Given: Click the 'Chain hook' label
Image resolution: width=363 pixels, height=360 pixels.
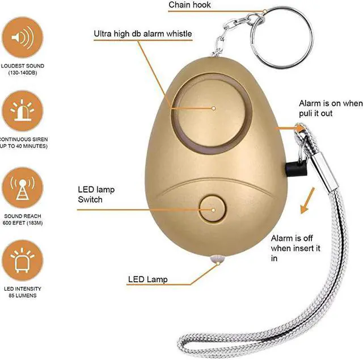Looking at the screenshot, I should (x=189, y=6).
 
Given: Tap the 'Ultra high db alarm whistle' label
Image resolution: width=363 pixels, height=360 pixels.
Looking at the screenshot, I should (x=142, y=34).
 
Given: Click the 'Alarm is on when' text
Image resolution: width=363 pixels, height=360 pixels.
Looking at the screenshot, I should (x=330, y=103).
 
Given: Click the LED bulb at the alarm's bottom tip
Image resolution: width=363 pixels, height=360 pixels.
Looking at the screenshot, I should (x=216, y=259).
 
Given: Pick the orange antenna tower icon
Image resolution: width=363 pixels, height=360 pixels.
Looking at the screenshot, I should (x=23, y=189).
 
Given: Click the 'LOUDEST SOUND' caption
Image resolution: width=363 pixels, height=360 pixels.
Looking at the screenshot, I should (x=23, y=66).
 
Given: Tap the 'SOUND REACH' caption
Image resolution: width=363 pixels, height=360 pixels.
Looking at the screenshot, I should (x=23, y=217).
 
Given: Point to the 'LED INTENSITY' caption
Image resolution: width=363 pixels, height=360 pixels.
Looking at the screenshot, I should (x=23, y=289).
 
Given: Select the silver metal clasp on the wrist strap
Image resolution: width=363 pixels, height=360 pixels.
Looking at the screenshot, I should (x=323, y=170).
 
